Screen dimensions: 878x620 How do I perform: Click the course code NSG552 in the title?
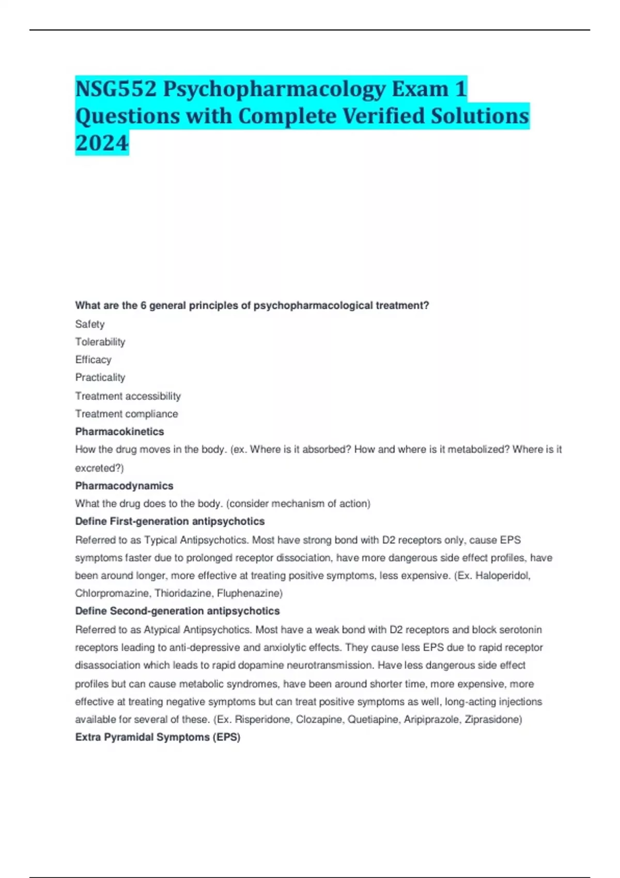coord(116,89)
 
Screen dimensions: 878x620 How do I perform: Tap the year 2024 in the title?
coord(102,143)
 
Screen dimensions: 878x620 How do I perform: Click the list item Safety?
coord(90,324)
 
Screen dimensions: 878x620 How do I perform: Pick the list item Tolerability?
coord(100,342)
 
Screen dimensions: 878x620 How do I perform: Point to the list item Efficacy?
coord(93,360)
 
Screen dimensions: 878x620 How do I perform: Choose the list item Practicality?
coord(100,378)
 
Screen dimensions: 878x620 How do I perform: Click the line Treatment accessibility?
coord(128,396)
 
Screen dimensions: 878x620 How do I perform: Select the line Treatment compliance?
coord(127,414)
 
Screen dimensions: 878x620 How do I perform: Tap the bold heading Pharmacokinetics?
coord(119,432)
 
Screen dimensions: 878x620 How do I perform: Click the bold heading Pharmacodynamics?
coord(124,486)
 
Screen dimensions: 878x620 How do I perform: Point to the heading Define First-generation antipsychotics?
coord(169,522)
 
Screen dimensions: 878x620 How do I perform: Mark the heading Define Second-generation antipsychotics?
coord(177,611)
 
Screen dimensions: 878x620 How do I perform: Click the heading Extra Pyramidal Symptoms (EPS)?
coord(158,738)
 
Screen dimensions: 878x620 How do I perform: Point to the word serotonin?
coord(520,630)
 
